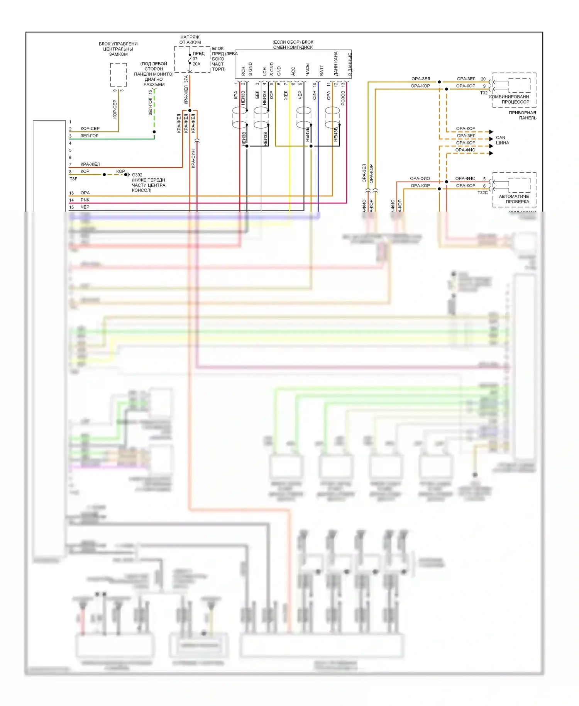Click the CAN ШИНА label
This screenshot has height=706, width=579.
tap(502, 140)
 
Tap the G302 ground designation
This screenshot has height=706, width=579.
tap(137, 175)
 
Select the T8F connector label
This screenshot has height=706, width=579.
tap(73, 179)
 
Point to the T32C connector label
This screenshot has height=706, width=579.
tap(482, 192)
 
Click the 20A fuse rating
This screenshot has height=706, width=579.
tap(196, 64)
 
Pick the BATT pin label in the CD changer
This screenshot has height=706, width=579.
tap(322, 70)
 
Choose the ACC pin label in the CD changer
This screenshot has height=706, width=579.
tap(293, 71)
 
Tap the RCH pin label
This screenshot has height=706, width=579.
tap(243, 71)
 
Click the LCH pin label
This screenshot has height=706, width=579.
tap(264, 71)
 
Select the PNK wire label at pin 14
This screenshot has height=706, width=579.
tap(85, 200)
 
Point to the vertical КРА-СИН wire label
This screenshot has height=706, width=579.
tap(193, 159)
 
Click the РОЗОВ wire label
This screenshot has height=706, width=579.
tap(343, 98)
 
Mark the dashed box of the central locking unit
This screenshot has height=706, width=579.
tap(119, 75)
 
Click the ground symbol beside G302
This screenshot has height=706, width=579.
tap(127, 175)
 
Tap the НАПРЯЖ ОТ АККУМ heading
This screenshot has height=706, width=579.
tap(190, 40)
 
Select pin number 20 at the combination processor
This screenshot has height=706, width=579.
tap(483, 79)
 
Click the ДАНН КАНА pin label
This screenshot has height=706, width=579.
tap(336, 64)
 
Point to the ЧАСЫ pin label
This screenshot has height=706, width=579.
tap(307, 70)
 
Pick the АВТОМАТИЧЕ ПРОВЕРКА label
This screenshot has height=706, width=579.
tap(514, 199)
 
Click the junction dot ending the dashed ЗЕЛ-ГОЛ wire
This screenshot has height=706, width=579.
tap(154, 132)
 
